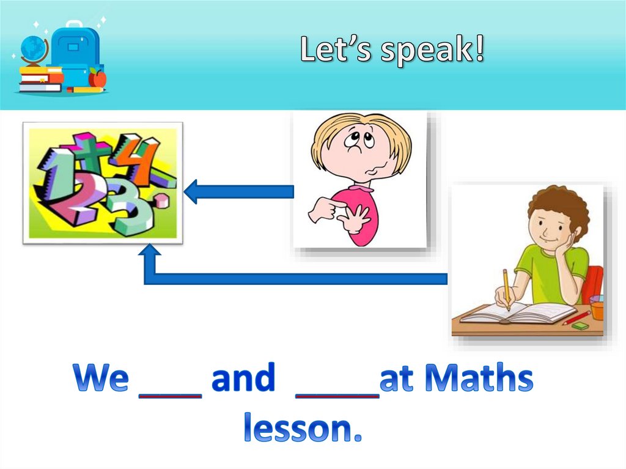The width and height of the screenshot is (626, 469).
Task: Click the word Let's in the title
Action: [336, 50]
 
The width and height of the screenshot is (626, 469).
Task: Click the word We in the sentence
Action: [101, 380]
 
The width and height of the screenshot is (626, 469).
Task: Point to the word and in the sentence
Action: [243, 380]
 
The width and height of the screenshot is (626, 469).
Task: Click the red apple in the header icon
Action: [97, 78]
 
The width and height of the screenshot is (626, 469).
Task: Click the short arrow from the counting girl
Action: [238, 192]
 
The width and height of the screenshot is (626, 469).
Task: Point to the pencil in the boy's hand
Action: [506, 287]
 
